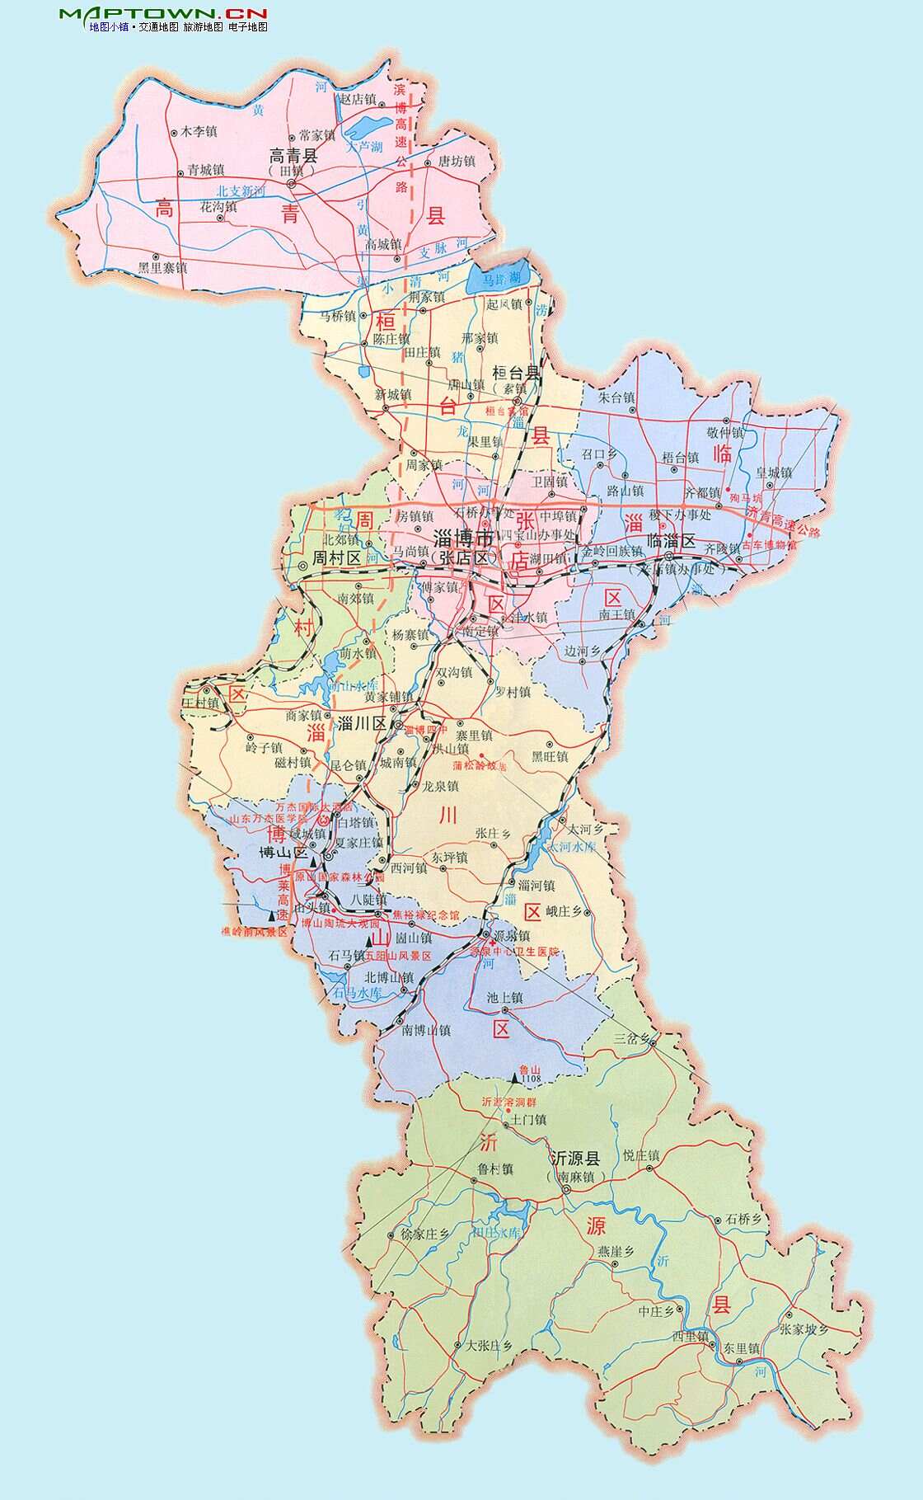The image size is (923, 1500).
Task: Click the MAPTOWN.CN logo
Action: (163, 13)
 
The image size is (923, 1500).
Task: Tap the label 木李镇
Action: (199, 131)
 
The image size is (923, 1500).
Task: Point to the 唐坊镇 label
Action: (456, 162)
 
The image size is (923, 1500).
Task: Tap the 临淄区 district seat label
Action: (672, 541)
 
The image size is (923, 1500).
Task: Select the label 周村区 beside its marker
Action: (336, 558)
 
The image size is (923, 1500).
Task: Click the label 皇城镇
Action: (774, 473)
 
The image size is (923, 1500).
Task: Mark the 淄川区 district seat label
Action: (363, 723)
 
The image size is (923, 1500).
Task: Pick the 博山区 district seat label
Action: (283, 851)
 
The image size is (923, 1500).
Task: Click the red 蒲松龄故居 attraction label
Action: (480, 765)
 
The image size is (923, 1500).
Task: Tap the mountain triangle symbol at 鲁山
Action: (517, 1077)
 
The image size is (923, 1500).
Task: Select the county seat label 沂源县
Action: (575, 1158)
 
